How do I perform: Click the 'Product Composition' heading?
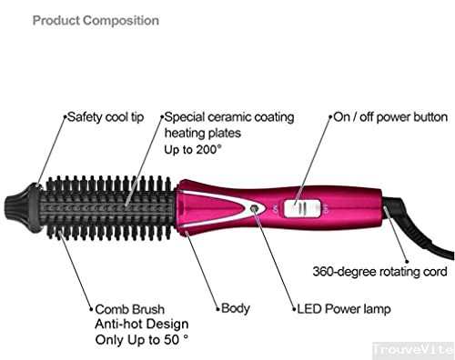(x=96, y=20)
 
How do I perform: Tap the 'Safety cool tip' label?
(x=106, y=117)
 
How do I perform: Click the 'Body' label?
(x=236, y=309)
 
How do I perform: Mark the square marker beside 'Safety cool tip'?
(x=64, y=117)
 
